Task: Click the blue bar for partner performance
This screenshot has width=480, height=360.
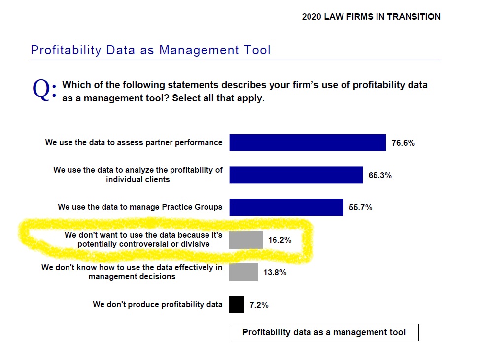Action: pos(308,143)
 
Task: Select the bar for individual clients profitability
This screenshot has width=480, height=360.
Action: pos(296,175)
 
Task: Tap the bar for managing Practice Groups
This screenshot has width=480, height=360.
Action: pos(286,207)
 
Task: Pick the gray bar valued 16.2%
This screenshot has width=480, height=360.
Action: pos(245,240)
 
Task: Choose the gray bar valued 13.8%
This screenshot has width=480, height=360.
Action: pos(243,272)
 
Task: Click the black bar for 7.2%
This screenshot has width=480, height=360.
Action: pos(237,304)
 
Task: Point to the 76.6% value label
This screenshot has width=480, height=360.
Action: pos(403,143)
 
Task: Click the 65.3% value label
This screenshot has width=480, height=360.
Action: pos(380,175)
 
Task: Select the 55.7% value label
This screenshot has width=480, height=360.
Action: pos(360,208)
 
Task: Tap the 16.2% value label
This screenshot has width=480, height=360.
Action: pos(280,240)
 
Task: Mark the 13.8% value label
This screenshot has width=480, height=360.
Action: pos(275,273)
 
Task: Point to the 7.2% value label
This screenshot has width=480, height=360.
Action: pos(259,305)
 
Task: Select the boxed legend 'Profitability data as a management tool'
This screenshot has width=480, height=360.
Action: pos(324,332)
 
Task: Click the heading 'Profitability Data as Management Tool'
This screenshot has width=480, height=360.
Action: pos(150,50)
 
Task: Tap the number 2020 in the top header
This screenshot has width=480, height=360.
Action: pos(311,17)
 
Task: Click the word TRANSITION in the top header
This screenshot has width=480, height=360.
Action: pos(414,17)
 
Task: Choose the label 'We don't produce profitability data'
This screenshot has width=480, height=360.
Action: pos(158,304)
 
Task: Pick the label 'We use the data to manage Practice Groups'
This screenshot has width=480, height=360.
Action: pos(140,207)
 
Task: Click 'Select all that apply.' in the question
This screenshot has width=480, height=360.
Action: pos(218,98)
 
